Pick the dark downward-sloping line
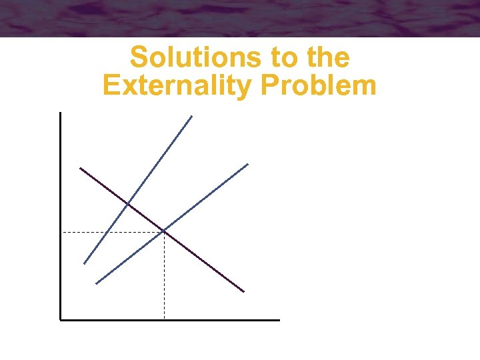coord(200,258)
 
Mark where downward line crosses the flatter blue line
coord(164,231)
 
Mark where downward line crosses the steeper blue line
coord(127,203)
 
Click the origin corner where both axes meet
coord(60,320)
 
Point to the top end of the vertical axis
coord(60,113)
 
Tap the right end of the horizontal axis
coord(279,320)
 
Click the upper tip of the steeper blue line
coord(191,116)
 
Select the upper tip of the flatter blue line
coord(247,164)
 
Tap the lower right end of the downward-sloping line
coord(243,291)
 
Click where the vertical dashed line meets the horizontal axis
coord(164,319)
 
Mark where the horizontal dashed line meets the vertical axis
coord(61,232)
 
